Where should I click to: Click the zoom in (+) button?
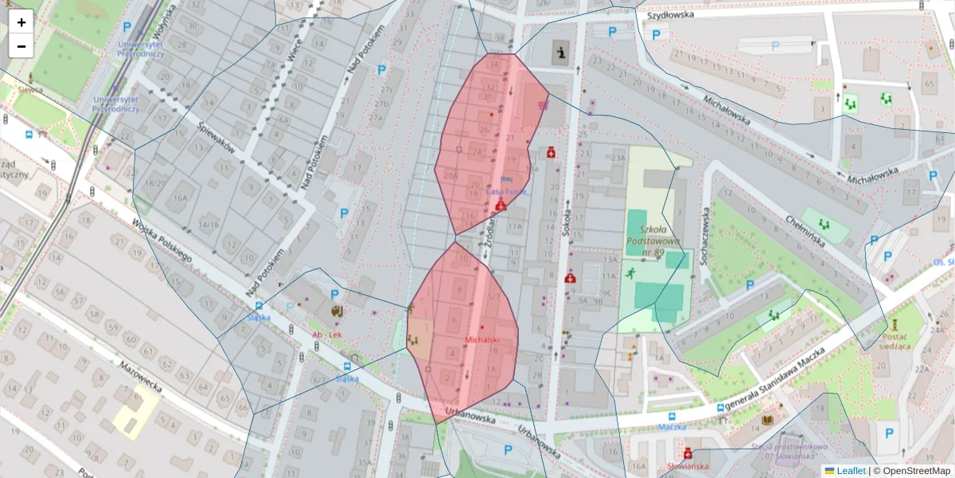pos(21,22)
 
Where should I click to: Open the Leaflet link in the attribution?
pos(849,471)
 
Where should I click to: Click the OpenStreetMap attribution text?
pos(914,471)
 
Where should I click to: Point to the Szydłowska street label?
pos(670,14)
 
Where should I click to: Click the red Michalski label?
pos(481,340)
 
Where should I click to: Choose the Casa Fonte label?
pos(506,191)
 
